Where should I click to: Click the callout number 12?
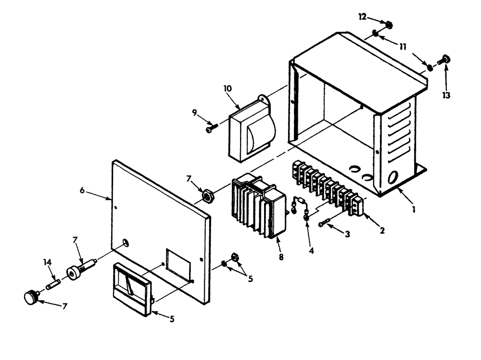click(362, 17)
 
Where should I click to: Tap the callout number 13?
click(446, 95)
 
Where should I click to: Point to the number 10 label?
click(228, 89)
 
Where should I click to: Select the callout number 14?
click(47, 262)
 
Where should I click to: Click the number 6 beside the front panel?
click(82, 190)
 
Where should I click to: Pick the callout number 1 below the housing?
click(414, 209)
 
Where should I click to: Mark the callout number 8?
click(281, 257)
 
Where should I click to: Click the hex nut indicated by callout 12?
click(389, 24)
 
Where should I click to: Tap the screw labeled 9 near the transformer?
click(212, 128)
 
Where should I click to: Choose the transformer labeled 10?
click(252, 129)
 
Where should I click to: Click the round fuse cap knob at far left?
click(31, 297)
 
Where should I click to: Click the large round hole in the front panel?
click(126, 243)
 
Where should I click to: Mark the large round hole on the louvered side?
click(393, 177)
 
